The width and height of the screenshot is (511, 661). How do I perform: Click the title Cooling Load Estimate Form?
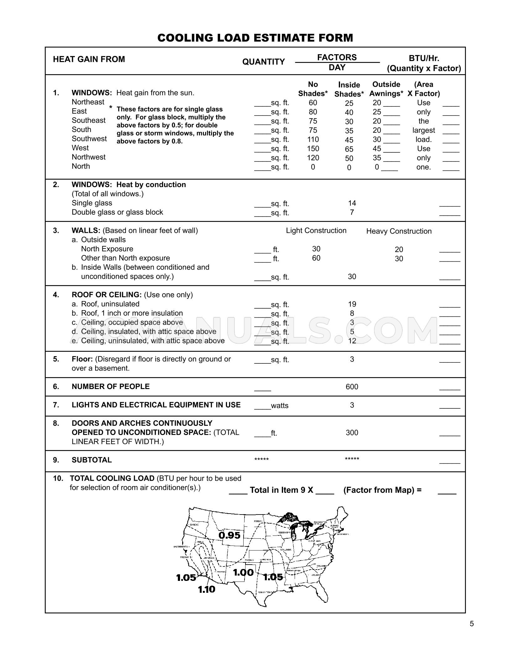[255, 38]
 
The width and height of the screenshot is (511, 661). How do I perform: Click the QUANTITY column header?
[263, 62]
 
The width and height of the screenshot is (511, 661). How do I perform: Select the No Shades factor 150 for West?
[313, 149]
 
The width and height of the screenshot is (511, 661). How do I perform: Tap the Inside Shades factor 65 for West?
[349, 149]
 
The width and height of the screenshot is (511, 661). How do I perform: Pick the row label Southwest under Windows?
[89, 139]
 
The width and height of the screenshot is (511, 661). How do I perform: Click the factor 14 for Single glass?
[352, 203]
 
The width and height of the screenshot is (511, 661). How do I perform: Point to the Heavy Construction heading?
[399, 231]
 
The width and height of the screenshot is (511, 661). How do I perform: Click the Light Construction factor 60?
[316, 258]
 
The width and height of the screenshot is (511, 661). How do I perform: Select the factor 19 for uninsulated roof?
[352, 304]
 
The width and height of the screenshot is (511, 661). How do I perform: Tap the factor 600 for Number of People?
[352, 387]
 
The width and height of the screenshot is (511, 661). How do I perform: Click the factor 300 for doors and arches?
[352, 433]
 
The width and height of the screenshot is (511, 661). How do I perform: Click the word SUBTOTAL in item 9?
[91, 460]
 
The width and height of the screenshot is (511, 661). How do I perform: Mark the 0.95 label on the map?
[230, 535]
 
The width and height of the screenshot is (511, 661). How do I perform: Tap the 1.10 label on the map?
[207, 590]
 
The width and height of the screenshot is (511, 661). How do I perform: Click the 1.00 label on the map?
[243, 573]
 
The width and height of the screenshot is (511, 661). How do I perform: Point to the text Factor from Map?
[382, 490]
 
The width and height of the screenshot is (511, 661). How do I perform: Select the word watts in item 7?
[280, 406]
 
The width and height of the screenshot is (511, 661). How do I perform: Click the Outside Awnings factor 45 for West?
[377, 149]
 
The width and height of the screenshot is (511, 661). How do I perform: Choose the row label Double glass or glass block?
[117, 212]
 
